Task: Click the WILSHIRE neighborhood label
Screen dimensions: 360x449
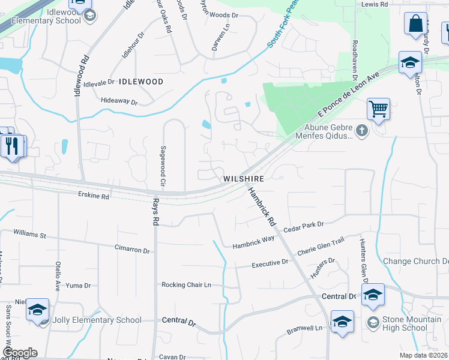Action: pos(244,179)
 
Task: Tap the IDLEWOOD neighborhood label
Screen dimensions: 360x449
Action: pos(141,81)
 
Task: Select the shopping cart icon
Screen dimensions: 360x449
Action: pos(378,110)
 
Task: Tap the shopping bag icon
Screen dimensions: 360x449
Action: pos(415,25)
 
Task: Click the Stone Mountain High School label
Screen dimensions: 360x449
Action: pos(405,323)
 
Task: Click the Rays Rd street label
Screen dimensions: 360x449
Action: pos(154,211)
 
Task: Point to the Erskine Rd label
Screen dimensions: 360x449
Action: pos(94,196)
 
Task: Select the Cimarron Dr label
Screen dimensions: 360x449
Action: pos(132,247)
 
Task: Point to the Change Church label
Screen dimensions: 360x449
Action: pos(415,261)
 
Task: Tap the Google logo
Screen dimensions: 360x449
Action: pos(19,353)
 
